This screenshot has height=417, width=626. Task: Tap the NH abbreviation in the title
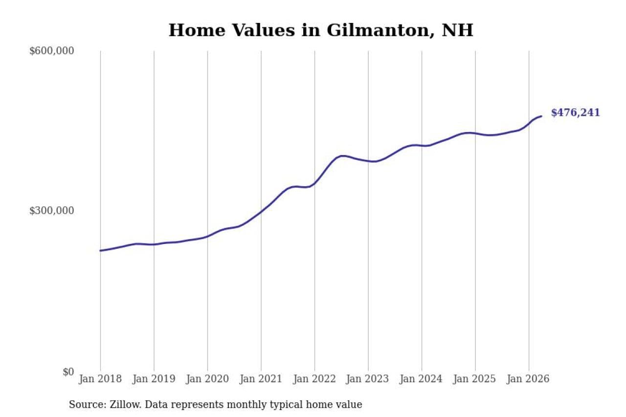(457, 30)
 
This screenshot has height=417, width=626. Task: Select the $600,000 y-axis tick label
(51, 51)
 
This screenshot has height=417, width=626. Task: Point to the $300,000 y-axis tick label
(51, 211)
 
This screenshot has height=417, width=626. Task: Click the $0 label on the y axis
(68, 372)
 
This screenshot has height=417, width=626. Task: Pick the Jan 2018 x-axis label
(100, 379)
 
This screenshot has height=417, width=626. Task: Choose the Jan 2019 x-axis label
(154, 379)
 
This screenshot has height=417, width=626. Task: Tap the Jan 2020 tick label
(207, 379)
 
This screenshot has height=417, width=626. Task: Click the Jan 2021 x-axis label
(261, 379)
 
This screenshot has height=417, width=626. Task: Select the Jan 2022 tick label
(314, 379)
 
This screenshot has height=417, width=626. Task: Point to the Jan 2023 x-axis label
(368, 379)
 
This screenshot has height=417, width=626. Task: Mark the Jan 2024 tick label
(422, 379)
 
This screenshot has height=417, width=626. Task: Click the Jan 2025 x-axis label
(475, 379)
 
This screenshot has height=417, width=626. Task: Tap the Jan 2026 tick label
(529, 379)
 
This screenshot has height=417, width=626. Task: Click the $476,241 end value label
(576, 112)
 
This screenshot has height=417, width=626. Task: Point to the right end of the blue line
(541, 116)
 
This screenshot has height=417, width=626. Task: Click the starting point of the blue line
(100, 250)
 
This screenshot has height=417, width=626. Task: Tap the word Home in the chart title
(197, 30)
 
